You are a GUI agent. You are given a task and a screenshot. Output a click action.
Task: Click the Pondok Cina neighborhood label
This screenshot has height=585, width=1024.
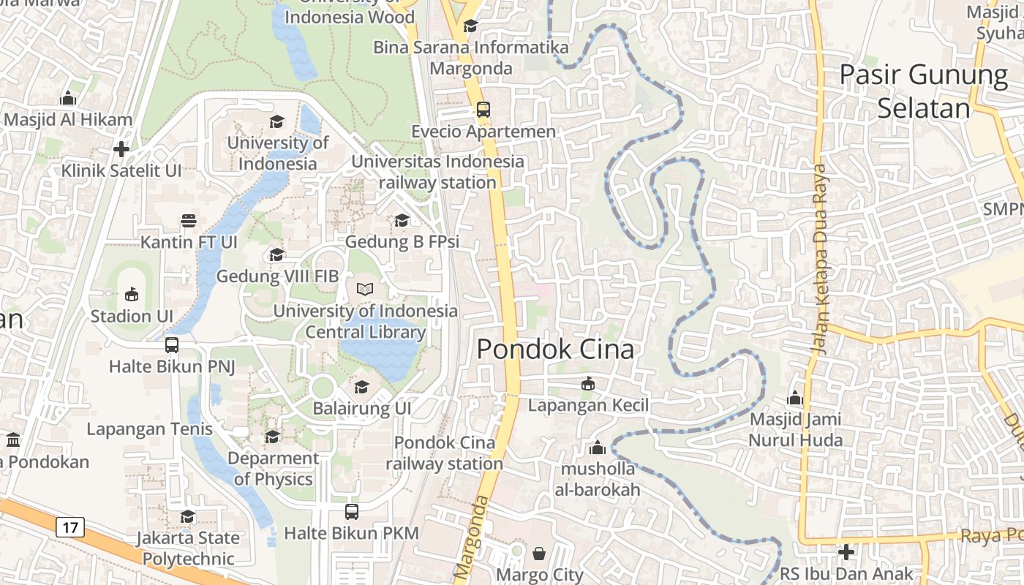coord(555,350)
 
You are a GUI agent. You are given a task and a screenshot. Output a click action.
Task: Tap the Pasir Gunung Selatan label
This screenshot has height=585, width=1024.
coord(923,91)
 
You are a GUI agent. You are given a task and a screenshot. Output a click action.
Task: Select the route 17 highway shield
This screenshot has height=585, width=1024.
coord(70,526)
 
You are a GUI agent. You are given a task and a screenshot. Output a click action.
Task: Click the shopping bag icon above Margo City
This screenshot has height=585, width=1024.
coord(539,553)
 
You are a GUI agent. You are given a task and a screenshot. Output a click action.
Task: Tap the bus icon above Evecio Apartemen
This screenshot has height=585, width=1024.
coord(483,110)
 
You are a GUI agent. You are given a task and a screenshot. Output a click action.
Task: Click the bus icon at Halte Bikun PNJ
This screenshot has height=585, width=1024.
coord(172,344)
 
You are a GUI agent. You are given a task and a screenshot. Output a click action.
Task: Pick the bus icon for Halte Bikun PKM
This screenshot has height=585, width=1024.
coord(352,512)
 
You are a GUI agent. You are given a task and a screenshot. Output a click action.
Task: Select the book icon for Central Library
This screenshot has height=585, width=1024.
coord(365,289)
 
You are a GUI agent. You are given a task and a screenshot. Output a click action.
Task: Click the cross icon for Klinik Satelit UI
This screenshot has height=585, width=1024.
coord(121,149)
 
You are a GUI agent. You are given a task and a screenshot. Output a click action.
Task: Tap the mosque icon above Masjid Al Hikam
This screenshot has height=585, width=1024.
coord(68,98)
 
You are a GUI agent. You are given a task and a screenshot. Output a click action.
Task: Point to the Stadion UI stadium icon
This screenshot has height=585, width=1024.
coord(132,294)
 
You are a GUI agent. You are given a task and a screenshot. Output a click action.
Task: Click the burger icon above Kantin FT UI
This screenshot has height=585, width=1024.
coord(188,220)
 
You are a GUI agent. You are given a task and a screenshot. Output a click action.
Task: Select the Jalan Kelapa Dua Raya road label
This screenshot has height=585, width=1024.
coord(820,260)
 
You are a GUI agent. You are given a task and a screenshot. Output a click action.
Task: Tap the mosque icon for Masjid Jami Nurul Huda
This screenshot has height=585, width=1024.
coord(795,399)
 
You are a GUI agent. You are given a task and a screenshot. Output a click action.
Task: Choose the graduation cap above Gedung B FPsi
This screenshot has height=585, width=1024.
coord(402,220)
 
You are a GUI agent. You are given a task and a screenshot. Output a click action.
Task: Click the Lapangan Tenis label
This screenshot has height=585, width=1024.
coord(149,429)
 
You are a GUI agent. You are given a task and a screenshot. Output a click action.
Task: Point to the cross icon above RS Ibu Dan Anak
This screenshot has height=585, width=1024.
coord(846,552)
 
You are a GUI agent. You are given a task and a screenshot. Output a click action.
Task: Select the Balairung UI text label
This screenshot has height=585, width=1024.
coord(362,408)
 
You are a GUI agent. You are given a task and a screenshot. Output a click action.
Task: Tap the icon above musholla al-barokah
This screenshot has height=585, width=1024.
coord(598,448)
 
